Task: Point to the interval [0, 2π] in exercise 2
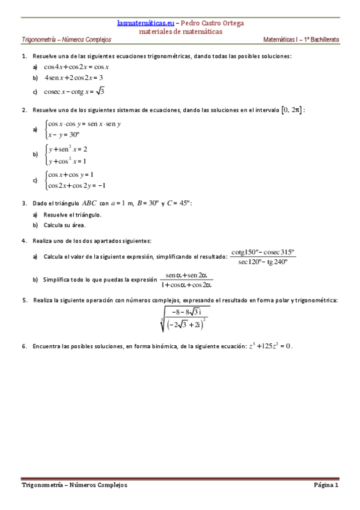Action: click(291, 109)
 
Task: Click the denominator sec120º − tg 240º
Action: click(263, 262)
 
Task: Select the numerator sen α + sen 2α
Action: click(186, 274)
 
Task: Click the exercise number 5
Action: click(24, 300)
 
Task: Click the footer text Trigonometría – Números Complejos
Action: click(74, 485)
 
